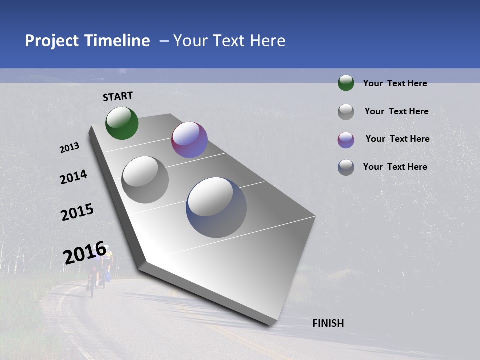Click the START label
point(118,96)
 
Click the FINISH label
point(328,323)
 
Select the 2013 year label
point(69,148)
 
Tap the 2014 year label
point(73,177)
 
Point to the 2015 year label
point(77,212)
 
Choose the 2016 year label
point(85,254)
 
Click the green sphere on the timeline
point(122,123)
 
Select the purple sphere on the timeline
point(189,140)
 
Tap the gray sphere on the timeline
point(145,180)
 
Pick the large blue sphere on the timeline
point(216,207)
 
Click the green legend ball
point(346,83)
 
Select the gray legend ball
point(346,112)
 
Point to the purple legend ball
point(346,140)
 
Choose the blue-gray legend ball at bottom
point(346,167)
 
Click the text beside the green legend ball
point(395,83)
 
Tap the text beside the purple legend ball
point(397,139)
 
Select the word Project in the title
point(52,41)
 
